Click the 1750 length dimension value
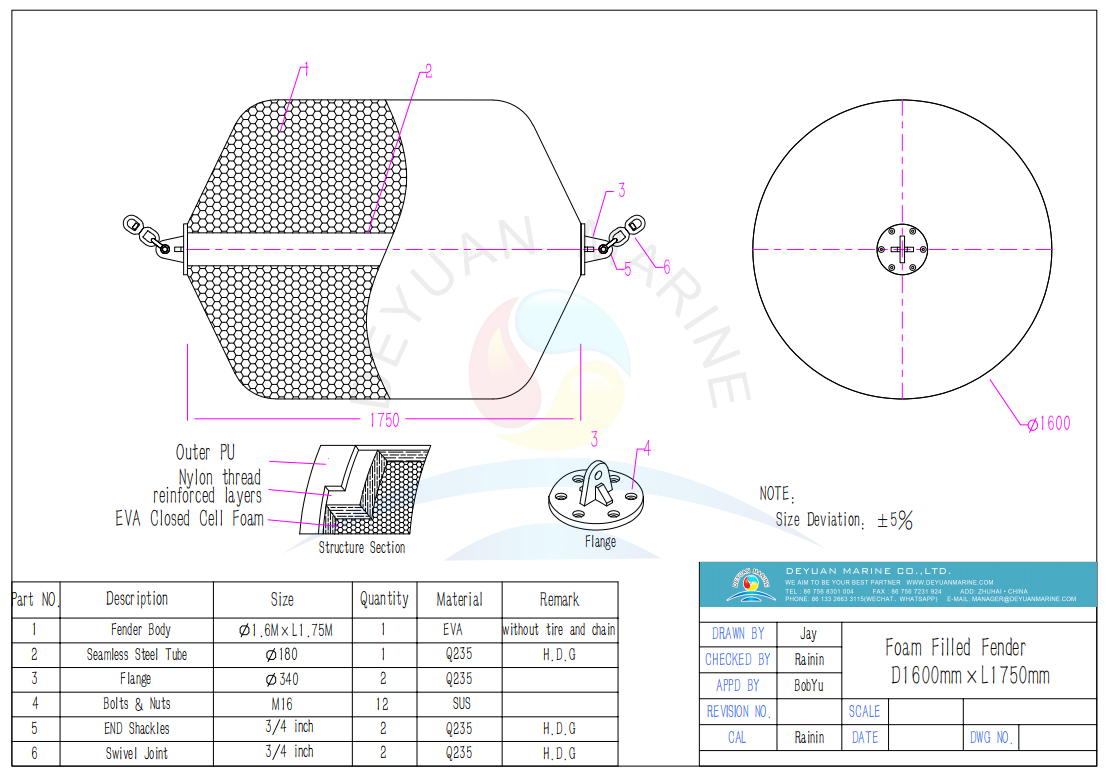click(384, 421)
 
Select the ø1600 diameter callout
click(1048, 424)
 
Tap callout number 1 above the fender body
click(305, 69)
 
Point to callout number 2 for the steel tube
click(427, 71)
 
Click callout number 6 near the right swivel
click(665, 266)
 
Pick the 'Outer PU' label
click(206, 453)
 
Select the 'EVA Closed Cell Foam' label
click(189, 518)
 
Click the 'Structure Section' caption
click(362, 547)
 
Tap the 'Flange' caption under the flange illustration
click(600, 541)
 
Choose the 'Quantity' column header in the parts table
click(384, 599)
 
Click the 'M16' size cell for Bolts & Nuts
click(282, 703)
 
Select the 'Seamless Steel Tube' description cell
click(137, 654)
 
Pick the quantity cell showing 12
click(383, 703)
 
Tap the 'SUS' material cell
click(460, 703)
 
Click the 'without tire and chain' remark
click(559, 630)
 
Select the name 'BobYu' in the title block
click(810, 685)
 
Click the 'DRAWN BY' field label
click(738, 633)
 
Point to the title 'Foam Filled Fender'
click(955, 648)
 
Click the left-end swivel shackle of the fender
click(148, 235)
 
